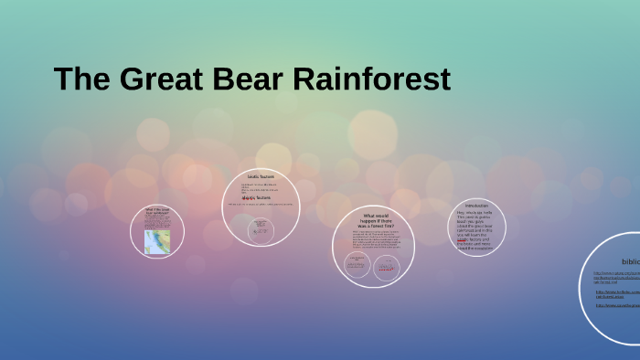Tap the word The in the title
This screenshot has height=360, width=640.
click(x=81, y=79)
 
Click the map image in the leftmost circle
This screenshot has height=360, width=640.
click(x=157, y=241)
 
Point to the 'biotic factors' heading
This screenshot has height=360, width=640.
click(x=261, y=176)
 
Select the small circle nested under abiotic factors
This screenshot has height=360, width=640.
click(x=262, y=228)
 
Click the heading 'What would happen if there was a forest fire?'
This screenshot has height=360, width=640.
click(x=376, y=219)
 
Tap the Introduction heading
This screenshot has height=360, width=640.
click(x=476, y=206)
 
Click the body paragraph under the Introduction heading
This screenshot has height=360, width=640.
click(x=476, y=227)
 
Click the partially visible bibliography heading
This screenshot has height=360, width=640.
click(x=629, y=261)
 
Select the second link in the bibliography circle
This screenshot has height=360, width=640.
click(x=618, y=294)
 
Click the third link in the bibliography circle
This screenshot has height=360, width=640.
click(x=618, y=305)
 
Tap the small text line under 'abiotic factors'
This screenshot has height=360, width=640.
click(x=261, y=205)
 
